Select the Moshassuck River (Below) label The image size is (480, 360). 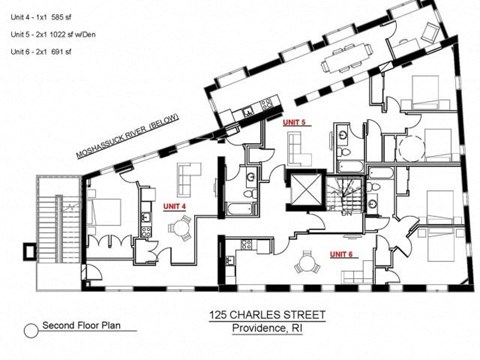128,136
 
